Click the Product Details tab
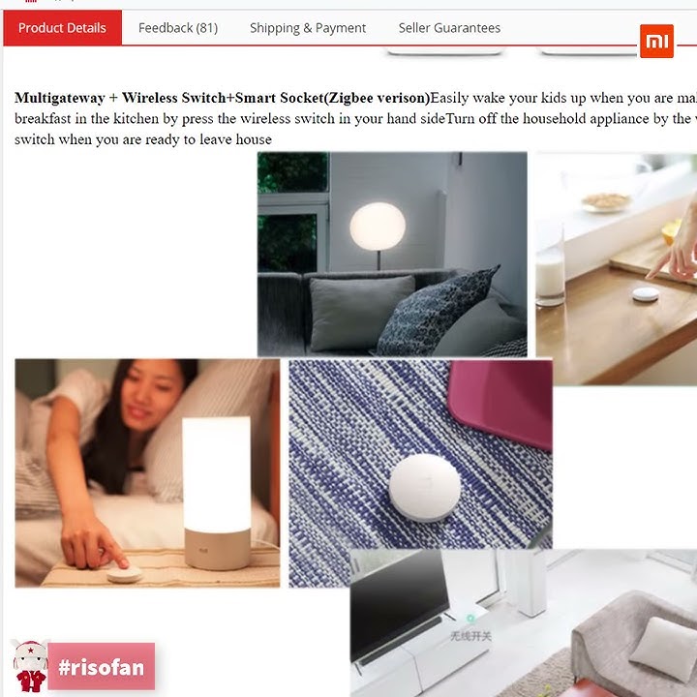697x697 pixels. (x=62, y=28)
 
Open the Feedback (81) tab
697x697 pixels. (x=178, y=28)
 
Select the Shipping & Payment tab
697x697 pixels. (x=308, y=28)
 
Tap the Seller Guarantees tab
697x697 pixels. (x=442, y=28)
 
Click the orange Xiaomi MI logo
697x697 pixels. (x=656, y=42)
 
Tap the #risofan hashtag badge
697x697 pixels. (x=101, y=667)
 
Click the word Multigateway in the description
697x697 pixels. (x=60, y=98)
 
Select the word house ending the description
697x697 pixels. (x=254, y=139)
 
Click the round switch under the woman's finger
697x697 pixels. (x=124, y=573)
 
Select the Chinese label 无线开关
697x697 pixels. (x=470, y=636)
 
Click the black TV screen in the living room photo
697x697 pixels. (x=398, y=601)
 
